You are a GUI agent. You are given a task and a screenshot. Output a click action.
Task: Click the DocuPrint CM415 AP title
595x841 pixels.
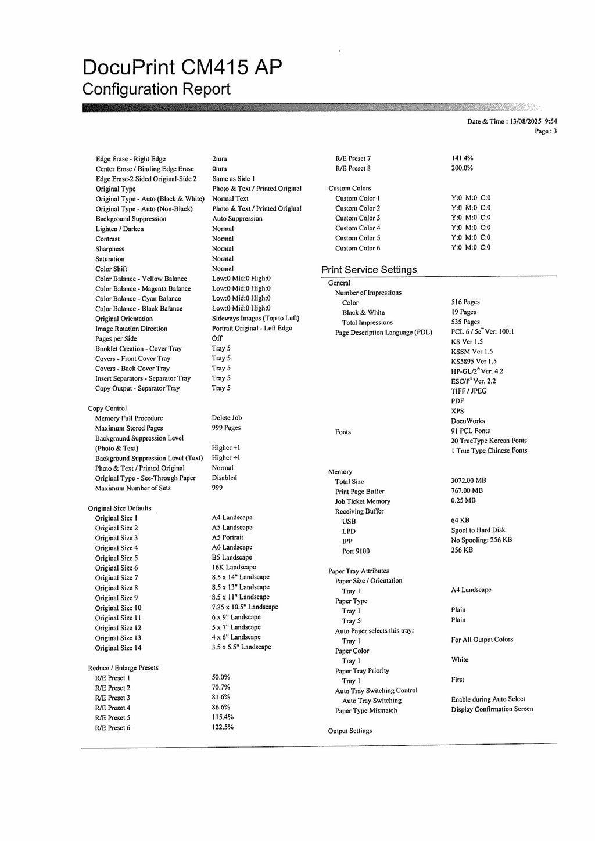pos(182,68)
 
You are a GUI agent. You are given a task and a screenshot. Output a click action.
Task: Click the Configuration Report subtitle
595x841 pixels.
pos(156,89)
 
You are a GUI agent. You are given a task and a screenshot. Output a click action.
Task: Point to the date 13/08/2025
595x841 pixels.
pos(525,121)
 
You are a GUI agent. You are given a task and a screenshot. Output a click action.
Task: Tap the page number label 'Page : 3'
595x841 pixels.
pos(546,131)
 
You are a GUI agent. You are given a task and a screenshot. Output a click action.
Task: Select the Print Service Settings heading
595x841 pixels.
pos(369,270)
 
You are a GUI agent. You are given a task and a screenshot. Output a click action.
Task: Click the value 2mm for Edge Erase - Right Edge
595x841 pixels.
pos(220,159)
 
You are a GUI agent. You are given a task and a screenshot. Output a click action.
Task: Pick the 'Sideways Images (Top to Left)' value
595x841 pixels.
pos(256,319)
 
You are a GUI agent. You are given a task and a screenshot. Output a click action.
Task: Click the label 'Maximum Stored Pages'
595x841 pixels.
pos(129,428)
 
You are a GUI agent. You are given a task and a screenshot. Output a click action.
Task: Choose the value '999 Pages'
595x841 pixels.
pos(227,428)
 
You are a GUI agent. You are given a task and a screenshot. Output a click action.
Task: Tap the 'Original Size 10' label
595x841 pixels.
pos(119,608)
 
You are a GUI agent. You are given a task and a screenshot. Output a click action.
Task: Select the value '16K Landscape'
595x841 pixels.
pos(234,568)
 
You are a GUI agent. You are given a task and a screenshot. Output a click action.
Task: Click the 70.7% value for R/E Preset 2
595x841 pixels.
pos(221,688)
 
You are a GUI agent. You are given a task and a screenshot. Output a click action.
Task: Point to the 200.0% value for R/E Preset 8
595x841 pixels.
pos(463,168)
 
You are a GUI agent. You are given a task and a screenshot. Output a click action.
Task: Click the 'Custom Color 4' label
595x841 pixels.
pos(358,228)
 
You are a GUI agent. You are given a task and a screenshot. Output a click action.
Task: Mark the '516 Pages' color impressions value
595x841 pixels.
pos(465,302)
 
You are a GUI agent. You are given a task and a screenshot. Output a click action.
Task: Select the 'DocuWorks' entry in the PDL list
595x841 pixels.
pos(468,421)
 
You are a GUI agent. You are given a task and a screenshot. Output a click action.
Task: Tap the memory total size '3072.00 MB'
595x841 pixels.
pos(469,481)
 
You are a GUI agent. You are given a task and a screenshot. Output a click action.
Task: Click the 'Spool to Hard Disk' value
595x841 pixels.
pos(478,530)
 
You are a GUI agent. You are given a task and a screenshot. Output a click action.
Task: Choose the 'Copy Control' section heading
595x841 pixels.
pos(107,409)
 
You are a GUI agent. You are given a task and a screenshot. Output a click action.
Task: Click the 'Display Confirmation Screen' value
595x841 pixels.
pos(492,709)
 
